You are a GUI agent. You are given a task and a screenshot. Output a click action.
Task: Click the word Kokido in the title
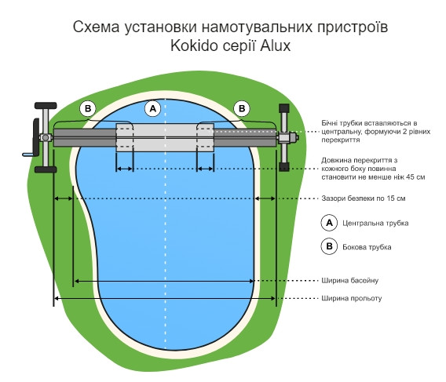pyautogui.click(x=194, y=45)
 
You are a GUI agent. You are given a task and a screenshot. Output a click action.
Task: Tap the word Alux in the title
pyautogui.click(x=276, y=45)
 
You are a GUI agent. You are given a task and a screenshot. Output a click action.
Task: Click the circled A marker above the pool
pyautogui.click(x=153, y=108)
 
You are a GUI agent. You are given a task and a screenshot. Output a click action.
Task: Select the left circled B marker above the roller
pyautogui.click(x=88, y=108)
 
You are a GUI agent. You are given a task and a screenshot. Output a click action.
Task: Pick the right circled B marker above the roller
pyautogui.click(x=242, y=108)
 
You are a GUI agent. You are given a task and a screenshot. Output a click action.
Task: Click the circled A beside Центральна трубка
pyautogui.click(x=329, y=223)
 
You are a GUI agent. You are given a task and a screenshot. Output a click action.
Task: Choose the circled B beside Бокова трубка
pyautogui.click(x=329, y=246)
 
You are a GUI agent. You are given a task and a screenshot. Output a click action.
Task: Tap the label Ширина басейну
pyautogui.click(x=350, y=281)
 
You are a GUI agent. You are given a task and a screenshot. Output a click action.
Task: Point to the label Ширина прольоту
pyautogui.click(x=352, y=298)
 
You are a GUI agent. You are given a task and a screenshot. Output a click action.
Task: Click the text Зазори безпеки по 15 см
pyautogui.click(x=364, y=198)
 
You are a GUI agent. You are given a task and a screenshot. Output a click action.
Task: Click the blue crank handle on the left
pyautogui.click(x=28, y=155)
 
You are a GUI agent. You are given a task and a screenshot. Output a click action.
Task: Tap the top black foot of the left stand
pyautogui.click(x=46, y=106)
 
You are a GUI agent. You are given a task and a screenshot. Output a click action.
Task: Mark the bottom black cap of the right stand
pyautogui.click(x=284, y=166)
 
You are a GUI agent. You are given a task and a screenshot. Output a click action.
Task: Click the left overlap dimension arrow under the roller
pyautogui.click(x=125, y=169)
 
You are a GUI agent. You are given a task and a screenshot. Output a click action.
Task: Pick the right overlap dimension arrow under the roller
pyautogui.click(x=205, y=169)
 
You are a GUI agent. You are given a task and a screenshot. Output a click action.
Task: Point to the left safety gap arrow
pyautogui.click(x=64, y=198)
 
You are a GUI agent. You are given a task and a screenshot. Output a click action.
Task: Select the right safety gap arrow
pyautogui.click(x=265, y=198)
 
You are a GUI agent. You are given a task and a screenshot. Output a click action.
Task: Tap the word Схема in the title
pyautogui.click(x=96, y=27)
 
